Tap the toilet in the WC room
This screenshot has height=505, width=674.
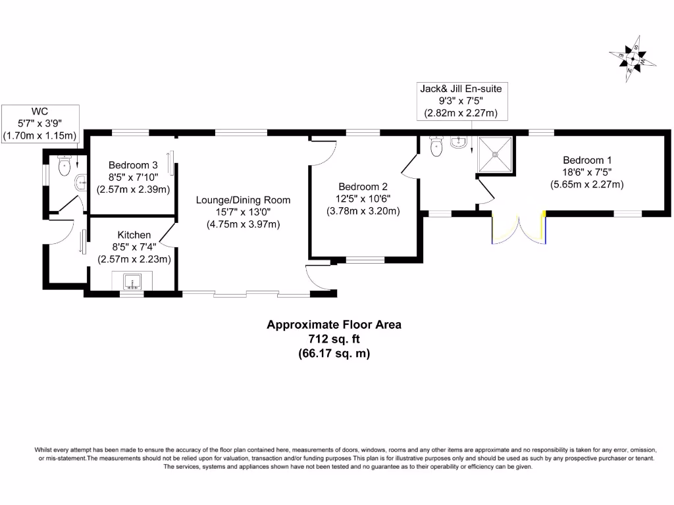(x=64, y=166)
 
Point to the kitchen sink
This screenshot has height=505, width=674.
(x=134, y=281)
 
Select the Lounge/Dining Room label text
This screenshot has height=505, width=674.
(x=243, y=200)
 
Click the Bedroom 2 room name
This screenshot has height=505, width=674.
(x=363, y=186)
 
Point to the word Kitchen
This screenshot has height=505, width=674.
(x=134, y=235)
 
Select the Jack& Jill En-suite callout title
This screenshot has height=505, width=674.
(x=464, y=88)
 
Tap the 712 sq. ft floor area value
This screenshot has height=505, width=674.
(x=333, y=339)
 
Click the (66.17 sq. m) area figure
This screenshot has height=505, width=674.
(x=334, y=353)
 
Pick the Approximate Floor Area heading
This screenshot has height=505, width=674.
(x=333, y=324)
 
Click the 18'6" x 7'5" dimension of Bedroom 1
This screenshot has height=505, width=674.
(x=586, y=172)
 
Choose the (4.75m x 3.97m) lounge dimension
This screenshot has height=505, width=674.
(x=243, y=224)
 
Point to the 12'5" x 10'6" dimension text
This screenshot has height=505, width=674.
(x=363, y=199)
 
